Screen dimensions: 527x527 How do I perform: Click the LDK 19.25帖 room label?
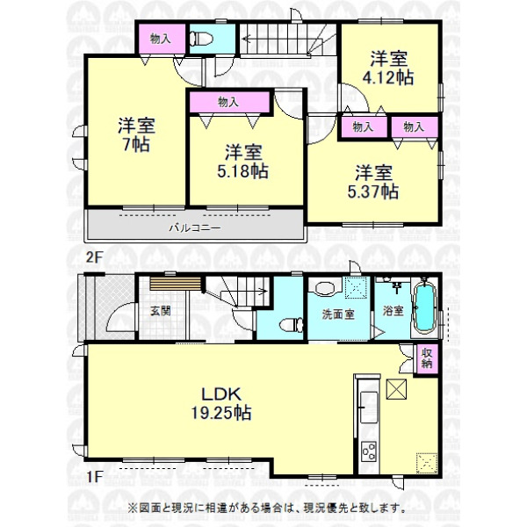tap(221, 403)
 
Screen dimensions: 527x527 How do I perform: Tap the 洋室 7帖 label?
tap(136, 135)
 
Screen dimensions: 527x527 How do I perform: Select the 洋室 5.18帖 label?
tap(242, 162)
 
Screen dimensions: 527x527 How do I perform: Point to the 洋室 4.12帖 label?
tap(388, 68)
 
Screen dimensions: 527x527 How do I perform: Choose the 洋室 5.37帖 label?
tap(373, 182)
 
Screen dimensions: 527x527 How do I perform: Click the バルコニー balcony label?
tap(195, 228)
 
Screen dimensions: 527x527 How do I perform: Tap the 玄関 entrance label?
tap(161, 311)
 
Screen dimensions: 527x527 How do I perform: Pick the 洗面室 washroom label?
tap(338, 314)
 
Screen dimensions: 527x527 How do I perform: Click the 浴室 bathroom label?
tap(393, 311)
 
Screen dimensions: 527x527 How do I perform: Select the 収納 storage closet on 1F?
tap(427, 358)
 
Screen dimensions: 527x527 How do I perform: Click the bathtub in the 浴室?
tap(424, 307)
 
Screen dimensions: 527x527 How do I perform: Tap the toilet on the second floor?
tap(201, 39)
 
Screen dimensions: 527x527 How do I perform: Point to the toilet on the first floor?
tap(291, 325)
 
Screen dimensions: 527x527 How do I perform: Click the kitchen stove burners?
tap(369, 451)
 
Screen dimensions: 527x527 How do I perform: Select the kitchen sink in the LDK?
tap(369, 408)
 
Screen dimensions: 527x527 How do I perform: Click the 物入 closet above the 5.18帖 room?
tap(229, 102)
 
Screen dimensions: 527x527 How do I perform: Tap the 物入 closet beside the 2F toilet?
tap(162, 39)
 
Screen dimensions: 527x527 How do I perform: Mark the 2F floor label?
tap(94, 257)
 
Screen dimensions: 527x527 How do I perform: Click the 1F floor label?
tap(94, 477)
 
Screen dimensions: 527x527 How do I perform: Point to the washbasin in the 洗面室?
tap(326, 289)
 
